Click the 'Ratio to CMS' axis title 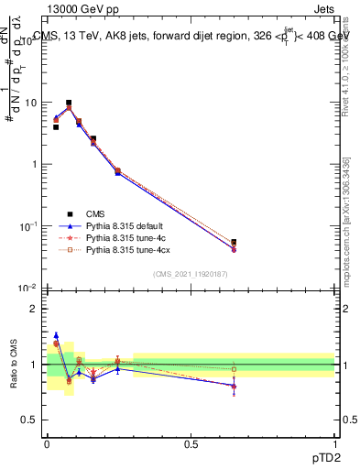(14, 365)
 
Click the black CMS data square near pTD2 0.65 (235, 243)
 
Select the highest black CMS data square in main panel (69, 104)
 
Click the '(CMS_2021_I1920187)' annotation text (190, 275)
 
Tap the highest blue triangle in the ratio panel (56, 335)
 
